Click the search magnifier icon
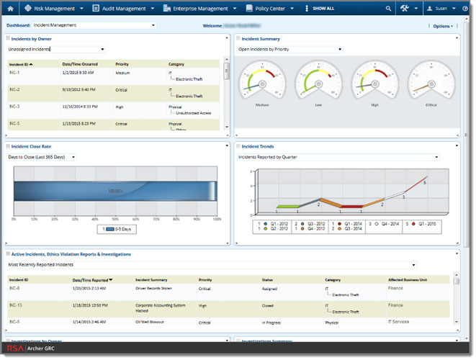coord(389,9)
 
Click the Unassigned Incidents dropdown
coord(56,50)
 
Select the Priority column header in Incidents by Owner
coord(122,64)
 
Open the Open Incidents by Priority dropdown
coord(289,50)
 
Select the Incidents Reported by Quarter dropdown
coord(338,156)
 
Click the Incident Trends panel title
coord(257,146)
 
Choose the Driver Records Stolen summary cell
coord(154,288)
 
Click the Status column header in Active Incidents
coord(267,279)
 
